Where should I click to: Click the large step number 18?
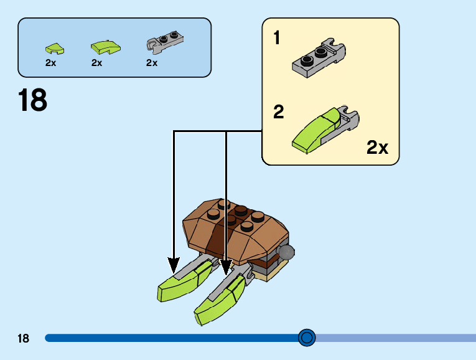(32, 100)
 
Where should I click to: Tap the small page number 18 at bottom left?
(24, 338)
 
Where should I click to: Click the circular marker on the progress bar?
(306, 338)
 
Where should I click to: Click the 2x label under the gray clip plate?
(152, 63)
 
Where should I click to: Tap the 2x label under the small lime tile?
(50, 63)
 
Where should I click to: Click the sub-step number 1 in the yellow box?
(277, 39)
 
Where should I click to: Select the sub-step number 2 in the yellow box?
(278, 113)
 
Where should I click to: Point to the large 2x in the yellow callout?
(377, 148)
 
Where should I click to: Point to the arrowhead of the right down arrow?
(226, 268)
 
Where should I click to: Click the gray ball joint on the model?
(286, 252)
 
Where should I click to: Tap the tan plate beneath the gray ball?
(277, 268)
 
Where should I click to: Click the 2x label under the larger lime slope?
(96, 63)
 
